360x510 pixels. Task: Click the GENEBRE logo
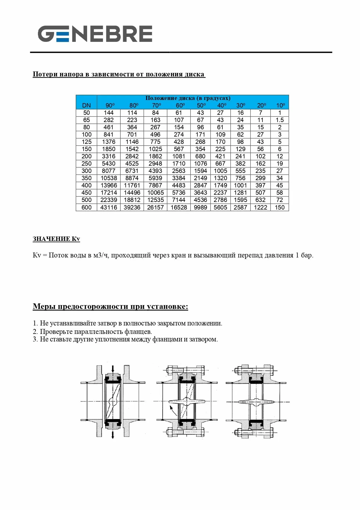tap(95, 34)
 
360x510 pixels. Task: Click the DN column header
tap(87, 105)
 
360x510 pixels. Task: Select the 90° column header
tap(110, 105)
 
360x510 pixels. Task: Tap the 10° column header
tap(280, 105)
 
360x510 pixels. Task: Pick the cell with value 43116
tap(109, 207)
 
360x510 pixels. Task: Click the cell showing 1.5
tap(280, 120)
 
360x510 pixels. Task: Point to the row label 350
tap(87, 178)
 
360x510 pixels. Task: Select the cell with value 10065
tap(155, 193)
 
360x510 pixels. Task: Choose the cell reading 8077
tap(109, 171)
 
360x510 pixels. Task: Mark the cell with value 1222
tap(260, 207)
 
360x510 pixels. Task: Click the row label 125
tap(87, 142)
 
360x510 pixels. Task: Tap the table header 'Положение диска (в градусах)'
tap(188, 98)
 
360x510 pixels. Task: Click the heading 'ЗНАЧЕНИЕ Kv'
tap(56, 239)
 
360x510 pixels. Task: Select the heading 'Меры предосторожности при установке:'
tap(110, 307)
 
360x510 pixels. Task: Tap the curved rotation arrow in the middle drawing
tap(172, 411)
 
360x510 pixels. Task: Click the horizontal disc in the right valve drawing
tap(256, 402)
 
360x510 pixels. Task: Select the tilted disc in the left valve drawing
tap(113, 401)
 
